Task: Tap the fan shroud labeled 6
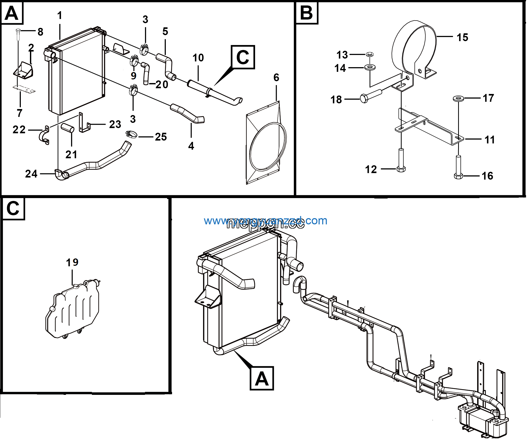point(265,143)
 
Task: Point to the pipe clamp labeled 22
point(45,136)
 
